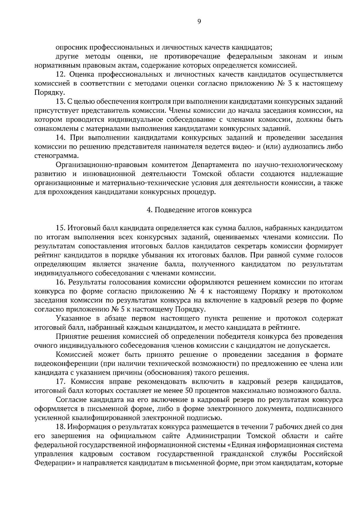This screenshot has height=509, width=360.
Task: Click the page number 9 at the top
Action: [x=199, y=21]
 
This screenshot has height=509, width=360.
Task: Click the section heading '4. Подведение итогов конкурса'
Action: [x=199, y=210]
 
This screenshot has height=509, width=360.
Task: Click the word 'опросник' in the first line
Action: [x=69, y=47]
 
